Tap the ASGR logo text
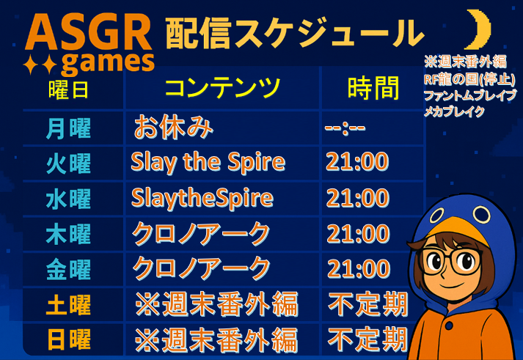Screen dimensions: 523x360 click(89, 34)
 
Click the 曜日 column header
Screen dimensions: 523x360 click(68, 89)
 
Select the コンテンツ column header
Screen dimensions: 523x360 click(222, 87)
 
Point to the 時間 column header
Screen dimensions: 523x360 click(373, 88)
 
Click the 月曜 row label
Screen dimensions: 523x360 click(68, 128)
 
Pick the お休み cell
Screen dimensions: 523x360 click(173, 128)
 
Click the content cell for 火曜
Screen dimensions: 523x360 click(208, 162)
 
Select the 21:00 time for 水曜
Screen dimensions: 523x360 click(357, 198)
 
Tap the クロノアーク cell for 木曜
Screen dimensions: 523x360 click(201, 234)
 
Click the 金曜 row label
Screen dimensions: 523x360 click(68, 269)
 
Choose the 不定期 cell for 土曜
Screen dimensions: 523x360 click(368, 304)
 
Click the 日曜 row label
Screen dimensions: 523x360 click(69, 339)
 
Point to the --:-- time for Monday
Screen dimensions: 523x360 click(345, 128)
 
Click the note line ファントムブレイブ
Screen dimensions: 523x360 click(470, 95)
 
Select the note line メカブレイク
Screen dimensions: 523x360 click(454, 111)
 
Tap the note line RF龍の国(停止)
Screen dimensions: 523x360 click(469, 79)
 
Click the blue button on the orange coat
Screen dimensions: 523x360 click(448, 325)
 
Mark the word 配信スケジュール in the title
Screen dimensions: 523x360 click(295, 33)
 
